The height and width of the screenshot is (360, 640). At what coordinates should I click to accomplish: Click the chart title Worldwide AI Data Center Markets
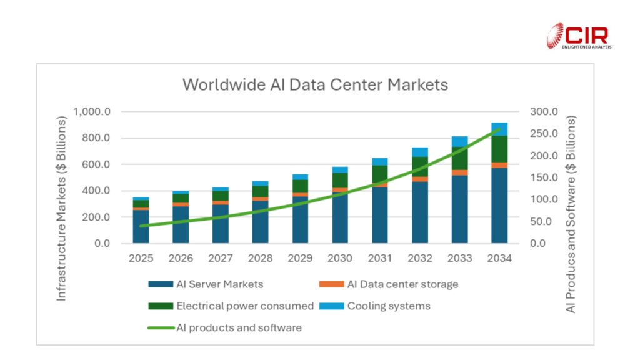[x=315, y=84]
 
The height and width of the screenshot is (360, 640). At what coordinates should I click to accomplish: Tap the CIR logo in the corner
[x=579, y=36]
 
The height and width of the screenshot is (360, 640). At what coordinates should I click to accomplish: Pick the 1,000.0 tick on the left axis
[x=92, y=112]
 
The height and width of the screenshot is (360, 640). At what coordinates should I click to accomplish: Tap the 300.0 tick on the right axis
[x=544, y=112]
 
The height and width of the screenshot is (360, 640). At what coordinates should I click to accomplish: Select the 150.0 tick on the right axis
[x=544, y=177]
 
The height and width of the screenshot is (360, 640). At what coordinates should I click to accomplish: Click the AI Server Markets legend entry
[x=206, y=284]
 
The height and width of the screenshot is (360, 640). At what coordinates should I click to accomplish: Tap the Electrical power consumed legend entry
[x=231, y=306]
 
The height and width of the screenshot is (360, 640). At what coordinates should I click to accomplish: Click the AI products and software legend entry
[x=225, y=327]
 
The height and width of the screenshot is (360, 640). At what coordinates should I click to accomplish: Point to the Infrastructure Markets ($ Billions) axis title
[x=62, y=207]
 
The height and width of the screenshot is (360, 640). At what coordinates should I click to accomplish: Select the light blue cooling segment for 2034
[x=499, y=129]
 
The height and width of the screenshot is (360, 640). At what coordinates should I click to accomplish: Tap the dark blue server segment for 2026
[x=181, y=224]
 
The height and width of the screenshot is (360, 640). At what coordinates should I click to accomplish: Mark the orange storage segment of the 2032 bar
[x=420, y=179]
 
